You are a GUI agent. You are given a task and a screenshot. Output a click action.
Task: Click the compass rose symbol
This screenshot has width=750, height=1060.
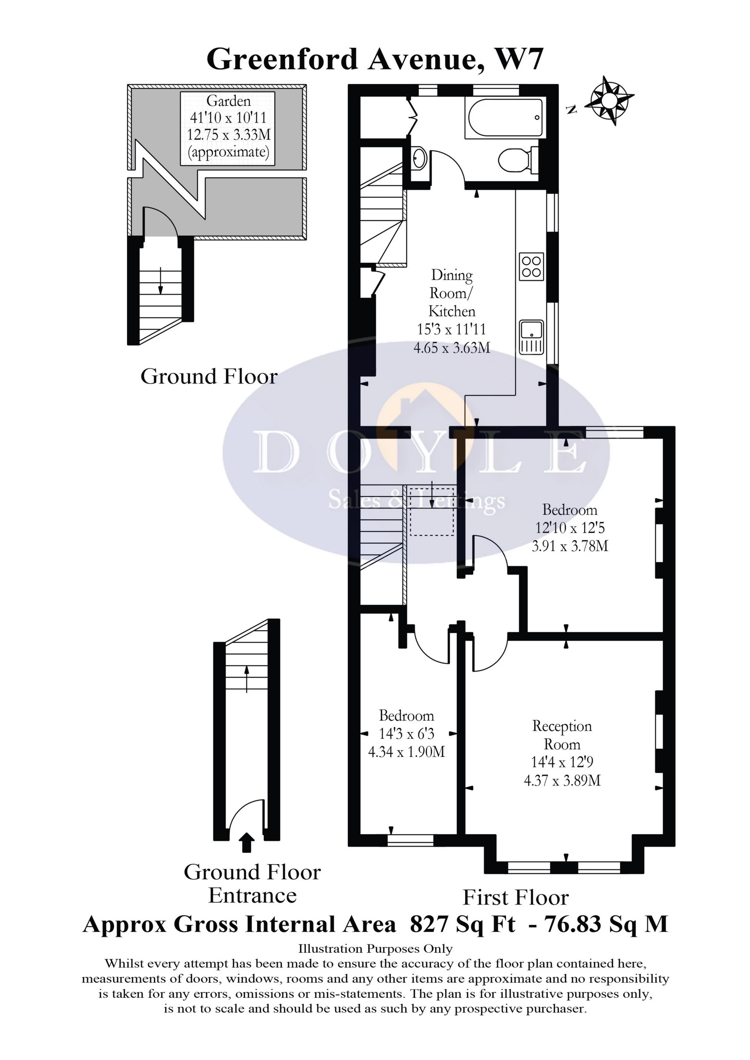[x=610, y=100]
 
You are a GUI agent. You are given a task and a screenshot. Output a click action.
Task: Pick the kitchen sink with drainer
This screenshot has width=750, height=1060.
[x=531, y=337]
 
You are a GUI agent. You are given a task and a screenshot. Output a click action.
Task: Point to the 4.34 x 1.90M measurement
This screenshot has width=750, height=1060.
[x=406, y=752]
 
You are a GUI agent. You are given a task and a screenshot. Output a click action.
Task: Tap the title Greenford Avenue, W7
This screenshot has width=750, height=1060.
[x=375, y=60]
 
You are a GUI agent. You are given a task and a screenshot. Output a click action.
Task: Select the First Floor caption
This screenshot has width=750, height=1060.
[x=515, y=898]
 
